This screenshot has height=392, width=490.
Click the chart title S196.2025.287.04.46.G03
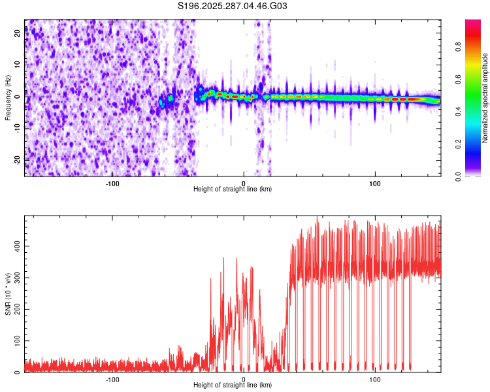[x=233, y=6]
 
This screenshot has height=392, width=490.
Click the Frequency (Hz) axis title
[x=8, y=97]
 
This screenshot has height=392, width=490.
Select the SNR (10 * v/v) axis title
[x=8, y=293]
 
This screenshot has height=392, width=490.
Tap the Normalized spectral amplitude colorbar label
[x=485, y=98]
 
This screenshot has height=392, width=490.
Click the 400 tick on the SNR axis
[x=14, y=246]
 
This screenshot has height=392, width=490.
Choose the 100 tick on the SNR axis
[x=14, y=341]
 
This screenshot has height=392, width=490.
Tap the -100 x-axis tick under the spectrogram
[x=112, y=182]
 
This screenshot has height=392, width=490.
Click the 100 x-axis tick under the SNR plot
[x=375, y=379]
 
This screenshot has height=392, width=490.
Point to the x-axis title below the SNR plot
[x=233, y=385]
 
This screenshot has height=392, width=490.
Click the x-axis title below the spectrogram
[x=233, y=189]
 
